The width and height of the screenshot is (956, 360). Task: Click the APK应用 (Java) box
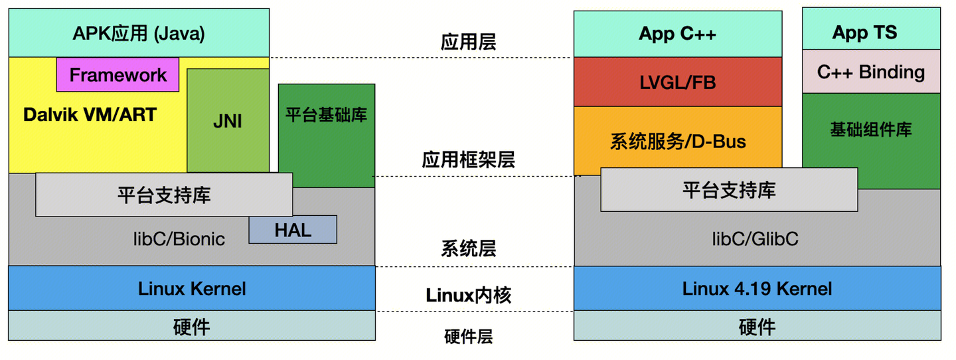[139, 33]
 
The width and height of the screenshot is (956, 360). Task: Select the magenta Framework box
[118, 74]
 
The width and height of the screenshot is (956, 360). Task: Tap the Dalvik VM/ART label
[90, 115]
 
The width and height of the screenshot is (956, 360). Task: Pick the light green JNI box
[228, 121]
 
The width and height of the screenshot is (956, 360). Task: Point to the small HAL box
[293, 230]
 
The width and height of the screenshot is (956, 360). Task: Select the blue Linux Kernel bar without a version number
[192, 288]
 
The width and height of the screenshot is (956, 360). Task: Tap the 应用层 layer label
[468, 43]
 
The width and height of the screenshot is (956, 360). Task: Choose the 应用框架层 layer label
[468, 159]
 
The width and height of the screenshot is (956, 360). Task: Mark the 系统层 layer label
[468, 249]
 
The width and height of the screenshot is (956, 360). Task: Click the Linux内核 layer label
[468, 294]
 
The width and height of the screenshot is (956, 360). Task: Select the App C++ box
[677, 34]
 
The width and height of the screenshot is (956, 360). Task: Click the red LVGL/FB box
[677, 82]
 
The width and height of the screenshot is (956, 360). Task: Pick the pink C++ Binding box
[871, 72]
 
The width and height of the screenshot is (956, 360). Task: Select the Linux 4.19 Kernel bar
[757, 288]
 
